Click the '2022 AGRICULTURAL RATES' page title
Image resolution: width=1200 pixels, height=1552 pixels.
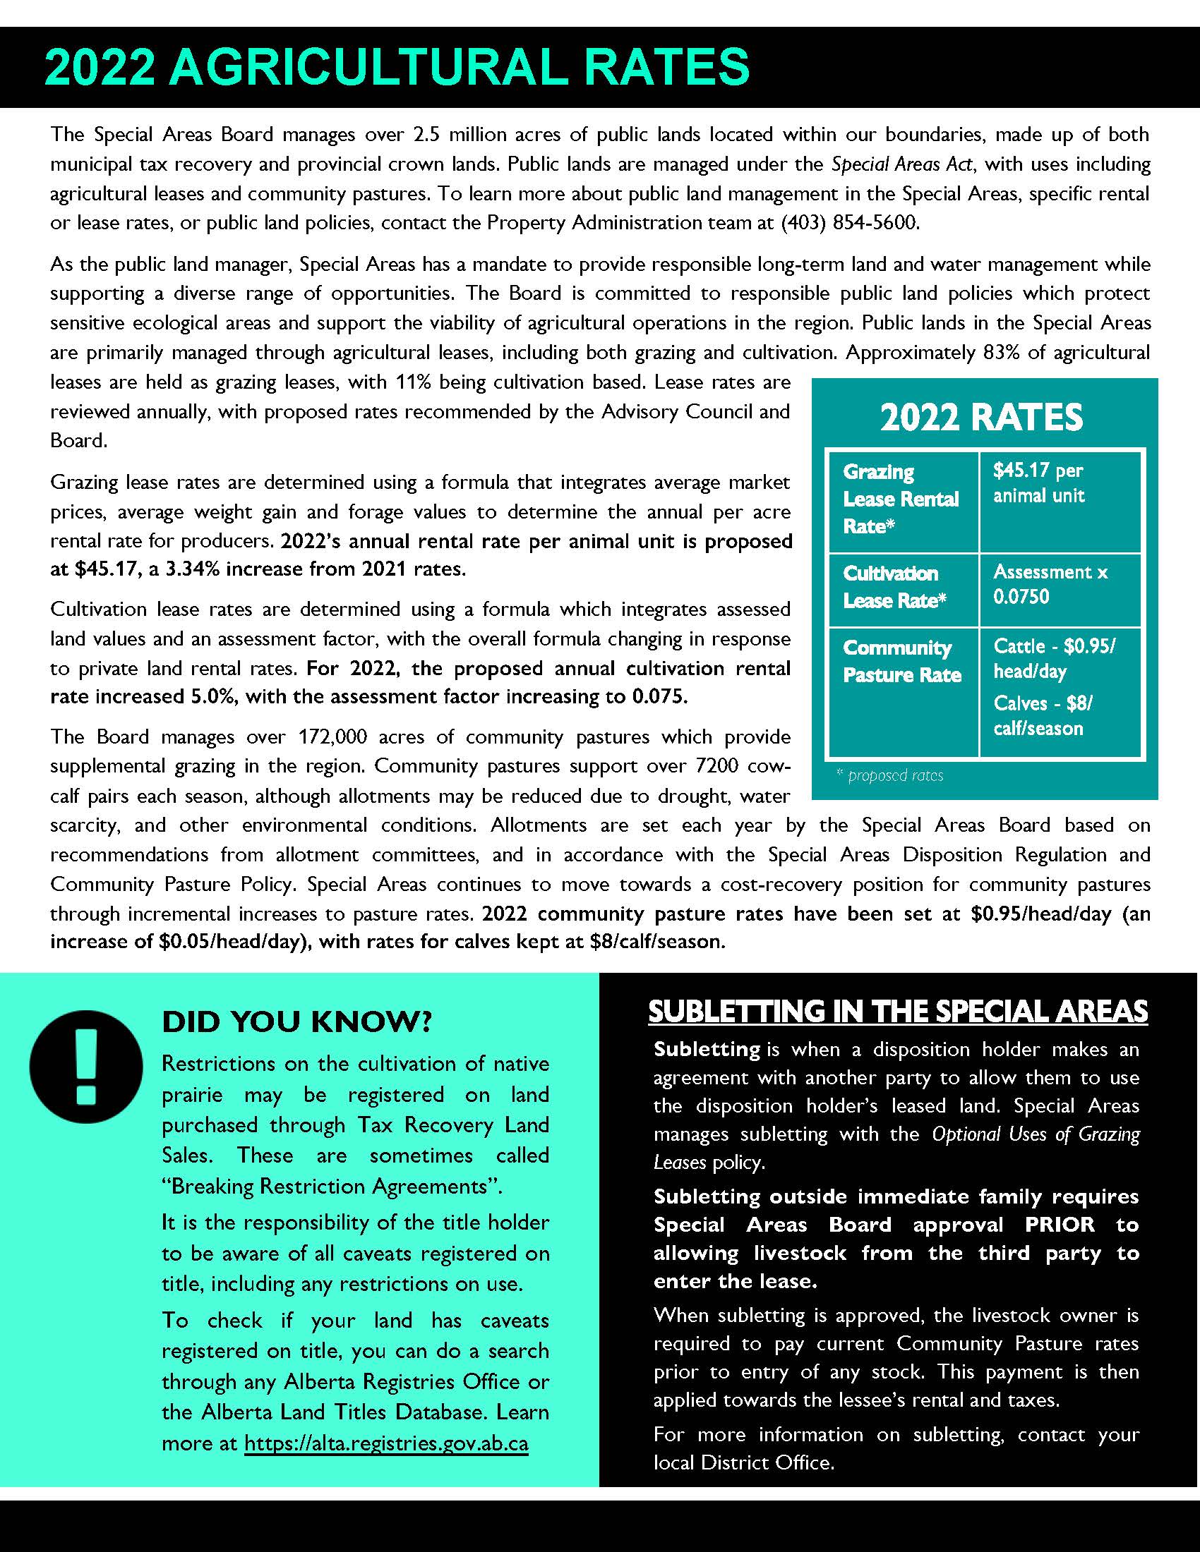[397, 68]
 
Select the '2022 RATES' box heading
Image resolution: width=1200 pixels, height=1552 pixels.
[981, 417]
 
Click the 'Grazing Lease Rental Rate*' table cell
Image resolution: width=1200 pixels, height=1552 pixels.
[901, 499]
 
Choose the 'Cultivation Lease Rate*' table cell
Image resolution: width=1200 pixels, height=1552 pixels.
[894, 587]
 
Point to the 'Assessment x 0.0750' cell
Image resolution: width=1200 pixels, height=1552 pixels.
[1050, 584]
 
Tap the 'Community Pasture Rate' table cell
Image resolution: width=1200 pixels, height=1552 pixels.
[901, 661]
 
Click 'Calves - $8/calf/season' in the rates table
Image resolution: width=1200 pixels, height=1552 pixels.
[1042, 715]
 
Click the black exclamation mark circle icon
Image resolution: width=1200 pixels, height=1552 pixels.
[86, 1067]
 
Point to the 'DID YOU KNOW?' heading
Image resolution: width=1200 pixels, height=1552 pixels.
[297, 1022]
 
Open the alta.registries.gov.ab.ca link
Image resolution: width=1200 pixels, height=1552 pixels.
[386, 1443]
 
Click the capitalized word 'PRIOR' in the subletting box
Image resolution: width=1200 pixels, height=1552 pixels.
[1060, 1225]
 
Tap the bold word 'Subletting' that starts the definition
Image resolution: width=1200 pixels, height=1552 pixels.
[707, 1049]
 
